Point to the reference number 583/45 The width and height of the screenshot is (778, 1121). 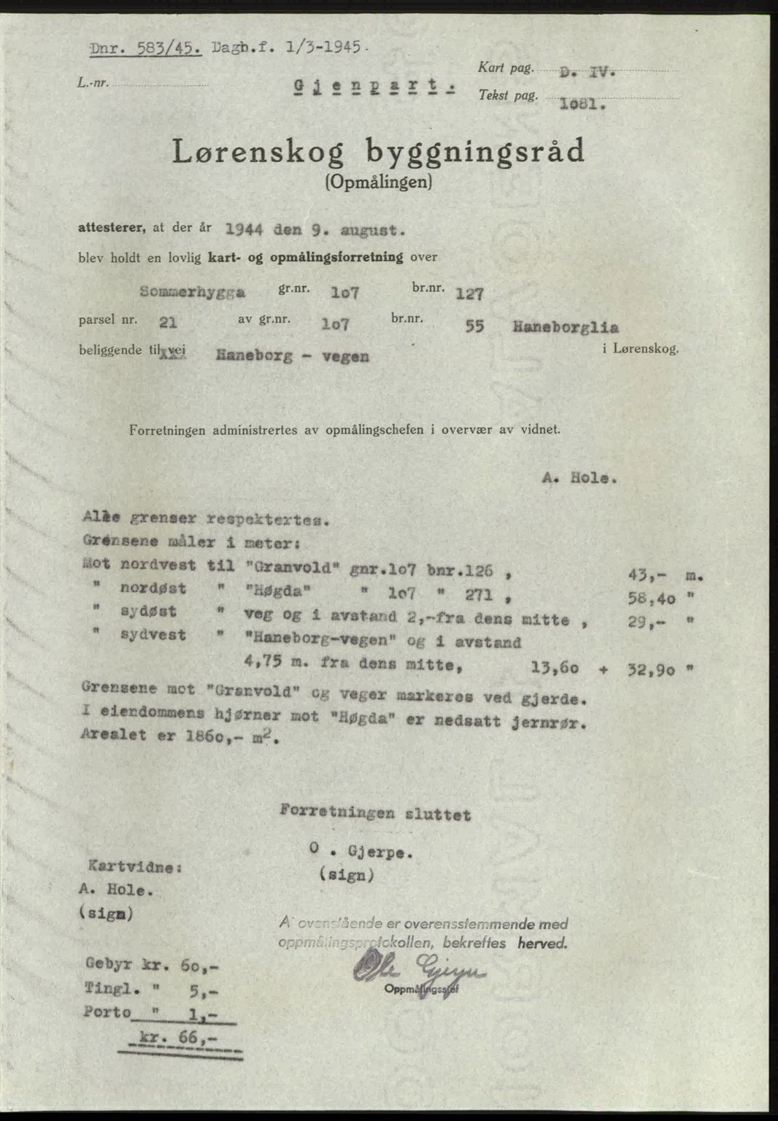pos(170,49)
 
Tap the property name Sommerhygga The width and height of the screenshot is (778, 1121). pos(192,292)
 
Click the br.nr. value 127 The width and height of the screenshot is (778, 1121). pos(469,293)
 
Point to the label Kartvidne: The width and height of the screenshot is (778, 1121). pos(134,867)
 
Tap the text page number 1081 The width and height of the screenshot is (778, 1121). pos(582,104)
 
